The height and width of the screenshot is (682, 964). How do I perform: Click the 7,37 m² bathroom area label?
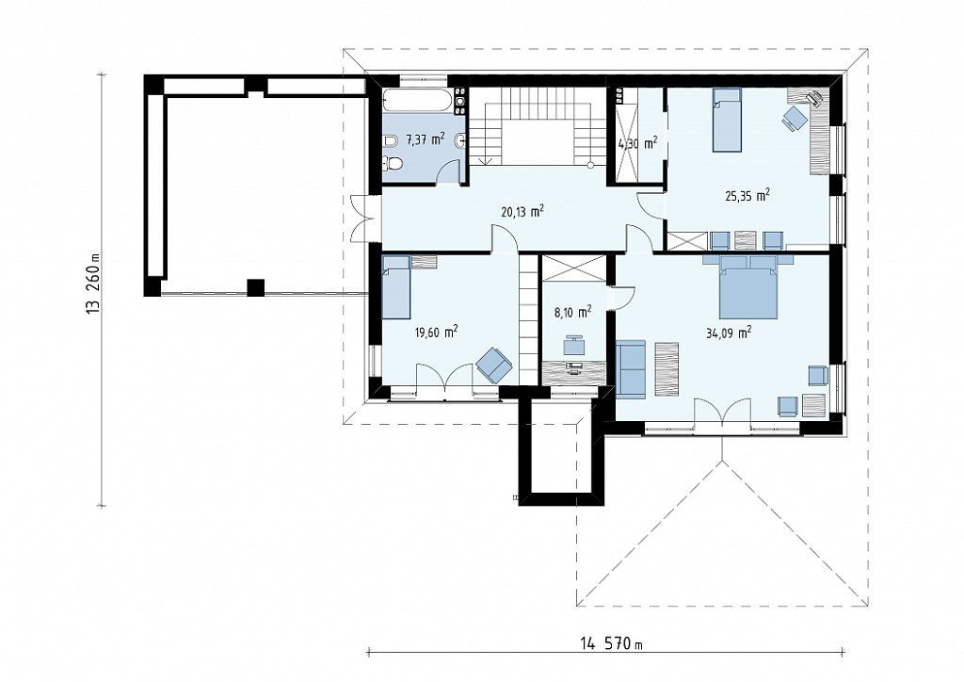pos(426,139)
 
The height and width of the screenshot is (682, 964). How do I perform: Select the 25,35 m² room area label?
pos(747,196)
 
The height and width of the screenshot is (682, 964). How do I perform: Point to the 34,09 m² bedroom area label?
pos(730,333)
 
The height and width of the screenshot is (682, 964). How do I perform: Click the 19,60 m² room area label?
pos(437,333)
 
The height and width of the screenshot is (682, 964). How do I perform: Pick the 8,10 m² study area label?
pos(573,311)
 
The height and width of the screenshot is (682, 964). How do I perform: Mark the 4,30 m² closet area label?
pos(637,144)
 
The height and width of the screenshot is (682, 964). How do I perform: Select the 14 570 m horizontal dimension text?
pos(611,644)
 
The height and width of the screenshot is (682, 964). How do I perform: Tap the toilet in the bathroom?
pos(393,164)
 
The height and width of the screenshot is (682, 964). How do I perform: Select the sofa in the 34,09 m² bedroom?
pos(631,367)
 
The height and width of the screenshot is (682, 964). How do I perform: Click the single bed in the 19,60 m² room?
pos(396,287)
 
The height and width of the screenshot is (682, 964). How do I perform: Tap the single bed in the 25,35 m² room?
pos(728,120)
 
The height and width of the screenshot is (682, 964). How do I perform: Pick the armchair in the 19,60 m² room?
pos(494,365)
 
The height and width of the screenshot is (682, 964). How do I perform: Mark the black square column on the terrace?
pos(256,288)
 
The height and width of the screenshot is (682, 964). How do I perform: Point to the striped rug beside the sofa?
pos(667,369)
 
